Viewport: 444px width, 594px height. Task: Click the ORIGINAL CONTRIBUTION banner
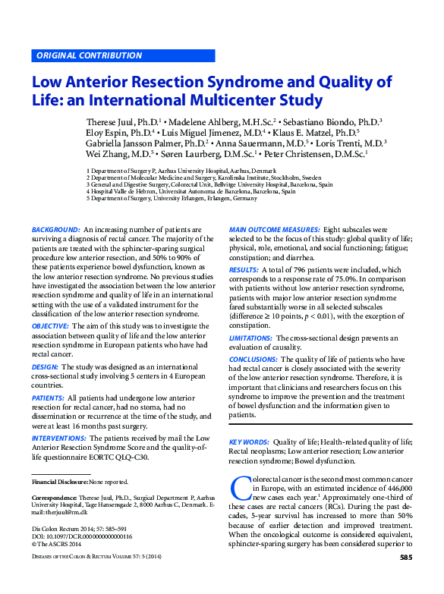[89, 55]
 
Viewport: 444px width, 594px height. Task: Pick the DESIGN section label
[46, 366]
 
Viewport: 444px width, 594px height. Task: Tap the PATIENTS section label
[48, 397]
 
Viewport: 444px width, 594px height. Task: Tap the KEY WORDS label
[249, 441]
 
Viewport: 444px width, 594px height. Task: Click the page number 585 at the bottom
[405, 579]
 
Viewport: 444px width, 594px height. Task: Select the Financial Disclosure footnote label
[60, 482]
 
